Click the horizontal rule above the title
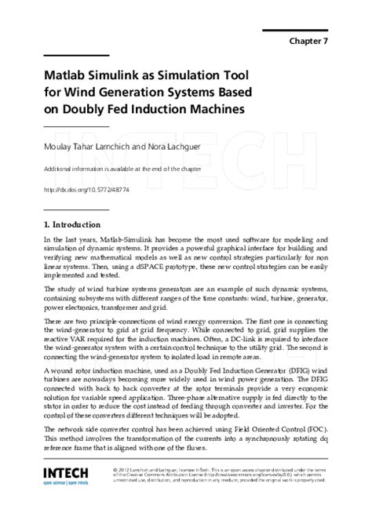pos(76,56)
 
